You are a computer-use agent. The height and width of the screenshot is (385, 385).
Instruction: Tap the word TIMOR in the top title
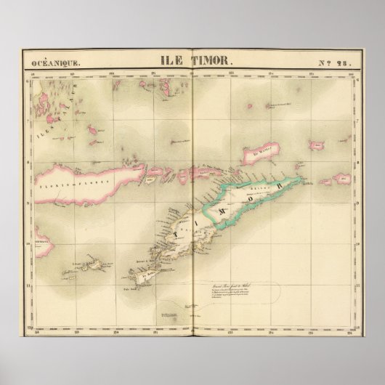pyautogui.click(x=211, y=62)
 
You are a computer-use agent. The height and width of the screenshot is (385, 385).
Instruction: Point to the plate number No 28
pyautogui.click(x=336, y=63)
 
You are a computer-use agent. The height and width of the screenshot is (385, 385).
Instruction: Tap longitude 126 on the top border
pyautogui.click(x=353, y=73)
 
